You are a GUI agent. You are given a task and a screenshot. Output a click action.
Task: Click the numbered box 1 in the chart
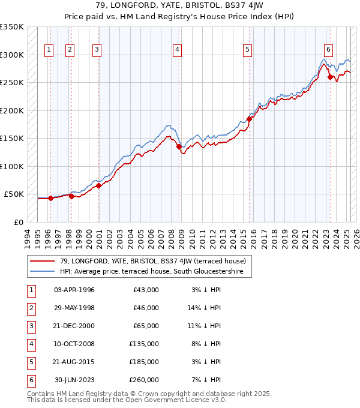click(x=49, y=50)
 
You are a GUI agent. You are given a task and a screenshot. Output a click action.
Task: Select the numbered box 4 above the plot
click(x=178, y=50)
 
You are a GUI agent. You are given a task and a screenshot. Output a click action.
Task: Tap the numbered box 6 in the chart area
click(x=328, y=50)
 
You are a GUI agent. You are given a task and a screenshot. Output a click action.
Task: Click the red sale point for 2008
click(x=179, y=146)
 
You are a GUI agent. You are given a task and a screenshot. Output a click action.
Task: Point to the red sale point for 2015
click(x=249, y=118)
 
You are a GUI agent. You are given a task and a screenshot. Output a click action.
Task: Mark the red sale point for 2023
click(x=330, y=76)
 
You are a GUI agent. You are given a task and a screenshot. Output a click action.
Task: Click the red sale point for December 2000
click(x=98, y=185)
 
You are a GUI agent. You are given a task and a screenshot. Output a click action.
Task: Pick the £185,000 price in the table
click(x=144, y=362)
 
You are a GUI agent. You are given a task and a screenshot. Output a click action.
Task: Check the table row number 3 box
click(x=31, y=326)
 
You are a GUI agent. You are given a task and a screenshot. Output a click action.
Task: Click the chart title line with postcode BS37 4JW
click(x=180, y=5)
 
